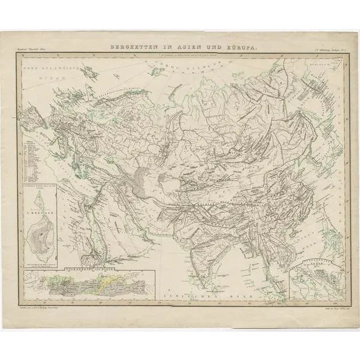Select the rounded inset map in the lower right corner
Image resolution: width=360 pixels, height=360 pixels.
(312, 281)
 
